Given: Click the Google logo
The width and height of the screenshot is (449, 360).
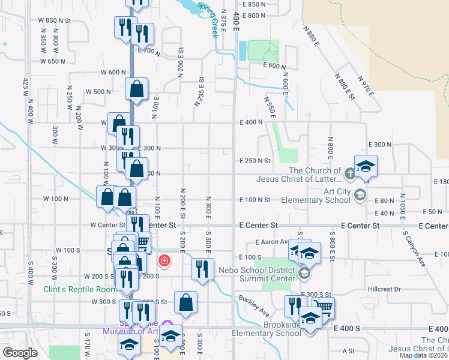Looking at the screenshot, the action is (x=20, y=352).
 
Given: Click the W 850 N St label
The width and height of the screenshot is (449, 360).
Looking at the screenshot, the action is (x=55, y=20).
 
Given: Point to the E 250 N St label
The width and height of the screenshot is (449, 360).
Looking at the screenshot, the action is (x=255, y=161).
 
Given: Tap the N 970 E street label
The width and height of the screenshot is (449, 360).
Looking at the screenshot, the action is (x=365, y=87).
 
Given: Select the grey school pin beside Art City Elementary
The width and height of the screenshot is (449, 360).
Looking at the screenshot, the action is (x=360, y=194).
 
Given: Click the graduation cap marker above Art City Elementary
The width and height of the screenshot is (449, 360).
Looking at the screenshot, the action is (x=365, y=166).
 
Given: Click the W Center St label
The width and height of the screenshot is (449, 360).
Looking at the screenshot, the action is (x=106, y=225).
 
